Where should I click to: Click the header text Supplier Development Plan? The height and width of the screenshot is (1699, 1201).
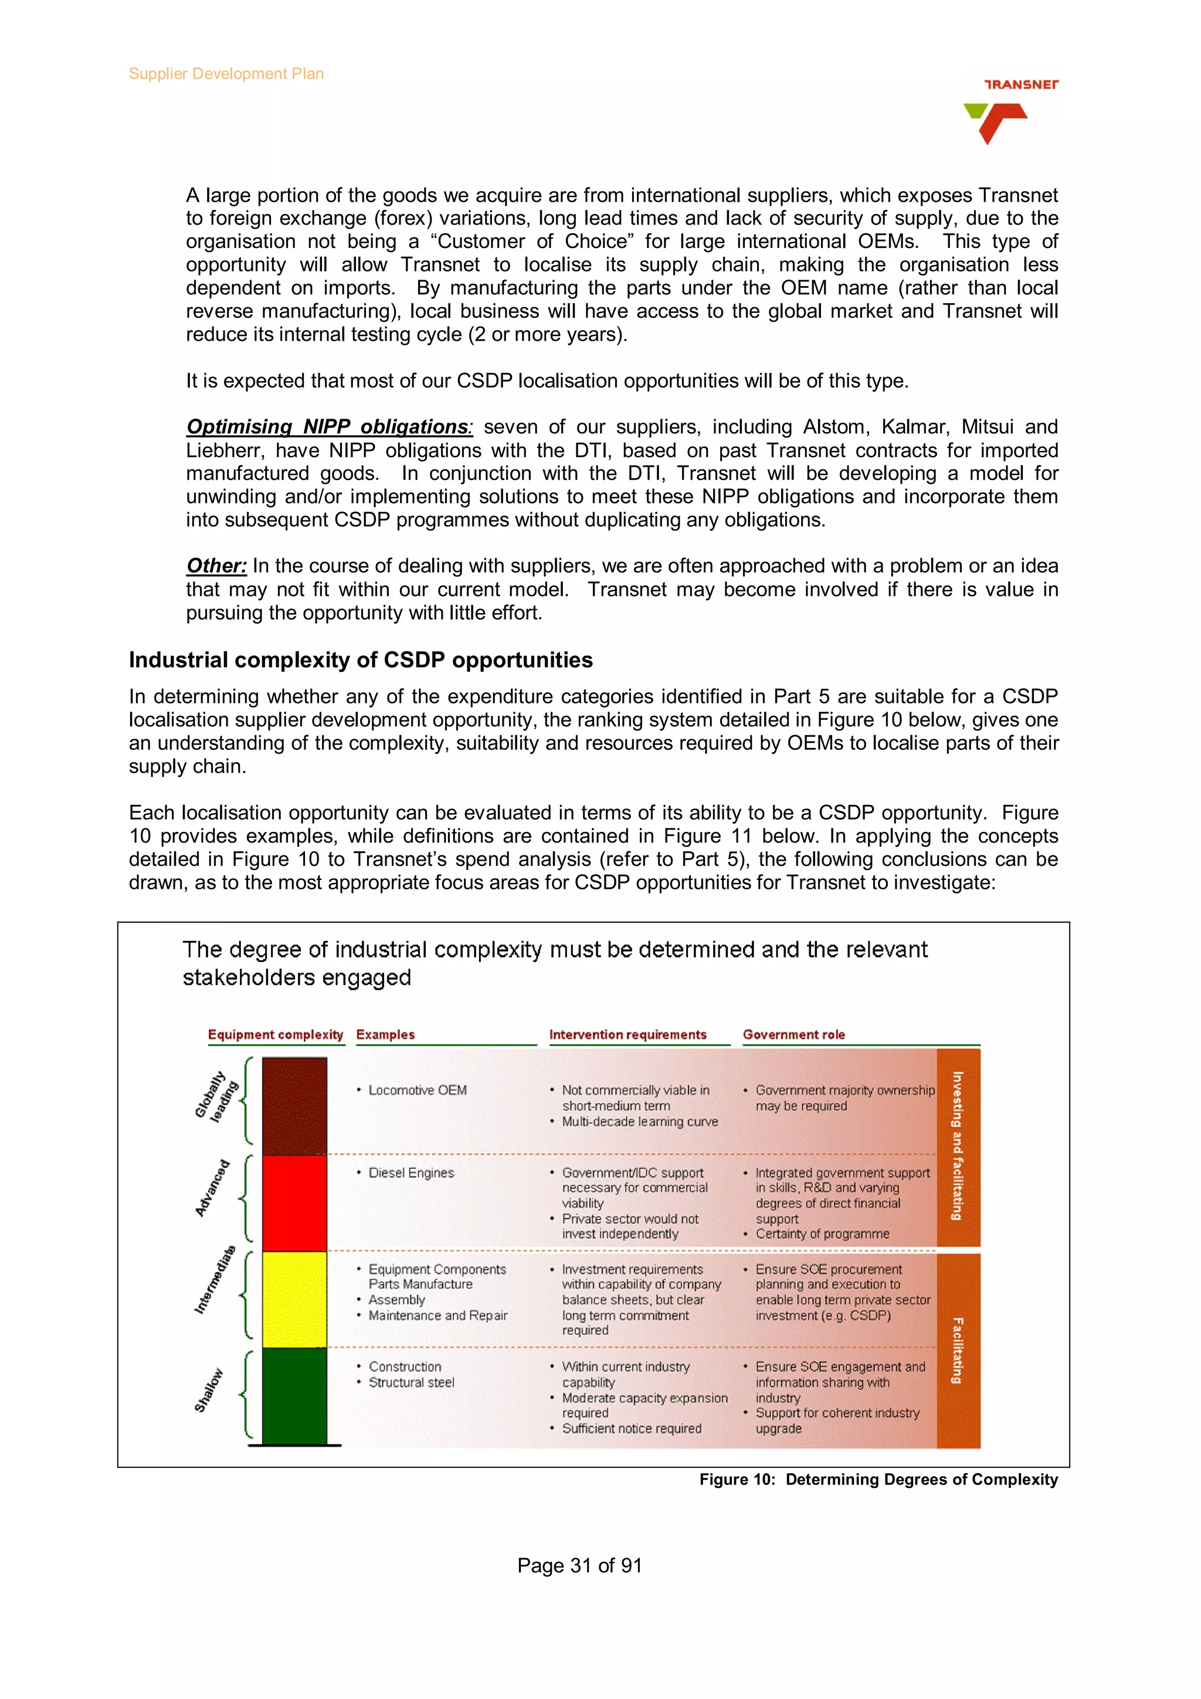pos(226,74)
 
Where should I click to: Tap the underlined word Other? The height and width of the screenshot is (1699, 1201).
pos(216,566)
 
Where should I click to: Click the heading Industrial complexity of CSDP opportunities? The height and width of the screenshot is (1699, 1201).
pos(361,660)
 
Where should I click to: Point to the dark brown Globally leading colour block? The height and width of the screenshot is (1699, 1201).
pos(294,1106)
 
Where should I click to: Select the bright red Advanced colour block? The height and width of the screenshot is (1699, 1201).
pos(294,1202)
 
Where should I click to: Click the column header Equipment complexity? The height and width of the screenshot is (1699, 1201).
pos(275,1035)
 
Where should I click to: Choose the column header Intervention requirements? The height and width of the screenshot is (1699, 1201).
pos(627,1035)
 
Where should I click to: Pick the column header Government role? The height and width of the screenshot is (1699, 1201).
pos(793,1035)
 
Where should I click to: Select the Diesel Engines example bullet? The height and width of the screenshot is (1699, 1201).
pos(410,1173)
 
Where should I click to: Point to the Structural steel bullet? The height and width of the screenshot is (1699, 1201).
pos(412,1382)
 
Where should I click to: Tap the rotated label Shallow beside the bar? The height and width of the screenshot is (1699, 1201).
pos(209,1391)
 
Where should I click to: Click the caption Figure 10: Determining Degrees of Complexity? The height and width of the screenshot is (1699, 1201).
pos(878,1479)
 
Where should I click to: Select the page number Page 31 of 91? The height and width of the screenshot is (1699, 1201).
pos(579,1565)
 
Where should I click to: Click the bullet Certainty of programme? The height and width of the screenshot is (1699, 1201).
pos(822,1234)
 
